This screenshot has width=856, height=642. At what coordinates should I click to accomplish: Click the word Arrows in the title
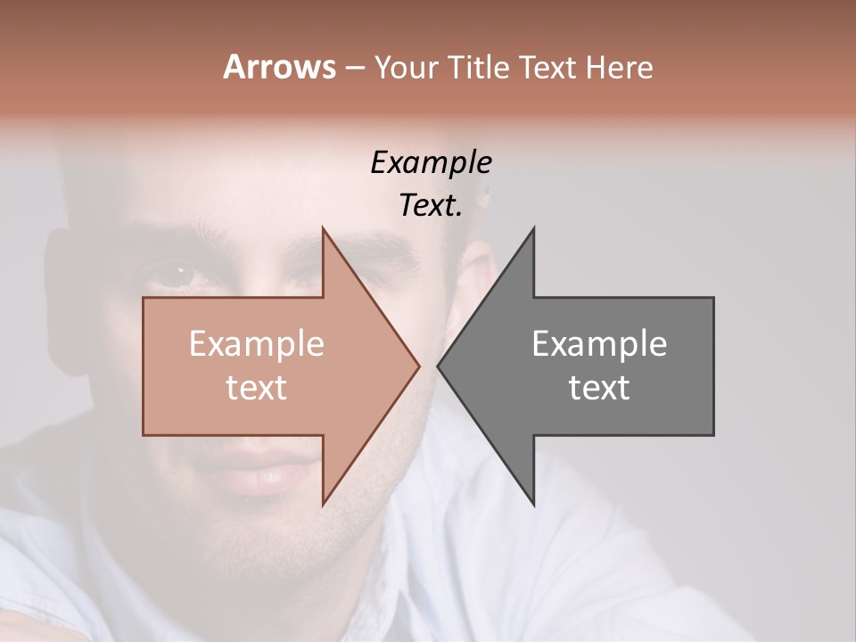pos(279,67)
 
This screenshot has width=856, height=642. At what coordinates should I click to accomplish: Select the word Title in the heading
pos(479,68)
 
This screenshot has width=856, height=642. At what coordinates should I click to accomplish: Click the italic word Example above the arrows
pos(432,163)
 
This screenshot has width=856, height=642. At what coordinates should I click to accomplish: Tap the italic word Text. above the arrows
pos(432,206)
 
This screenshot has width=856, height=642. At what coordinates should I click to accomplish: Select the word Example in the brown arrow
pos(257,344)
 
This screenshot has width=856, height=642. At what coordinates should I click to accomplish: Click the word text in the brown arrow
pos(257,388)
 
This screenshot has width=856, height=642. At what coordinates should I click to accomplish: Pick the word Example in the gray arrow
pos(599,344)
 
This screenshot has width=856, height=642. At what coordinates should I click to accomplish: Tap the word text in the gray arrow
pos(599,388)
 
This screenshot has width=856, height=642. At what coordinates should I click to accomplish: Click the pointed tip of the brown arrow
pos(418,366)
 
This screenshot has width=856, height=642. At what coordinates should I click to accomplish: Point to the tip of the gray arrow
pos(439,366)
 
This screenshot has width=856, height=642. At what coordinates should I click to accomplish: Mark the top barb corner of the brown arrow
pos(323,229)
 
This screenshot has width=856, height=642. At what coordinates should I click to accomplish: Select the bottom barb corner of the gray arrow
pos(533,504)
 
